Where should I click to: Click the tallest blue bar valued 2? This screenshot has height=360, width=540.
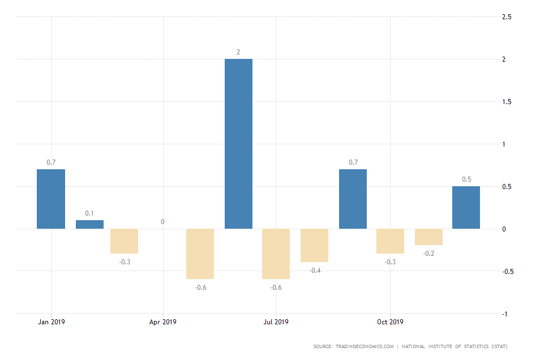pos(238,144)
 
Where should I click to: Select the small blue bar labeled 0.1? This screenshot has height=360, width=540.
pos(89,225)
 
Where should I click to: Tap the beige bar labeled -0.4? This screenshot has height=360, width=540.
pos(314,245)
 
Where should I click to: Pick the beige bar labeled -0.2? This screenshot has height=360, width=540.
pos(428,237)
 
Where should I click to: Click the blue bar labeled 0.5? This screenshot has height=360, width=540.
pos(466,208)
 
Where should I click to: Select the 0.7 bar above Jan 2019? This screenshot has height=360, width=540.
pos(51,199)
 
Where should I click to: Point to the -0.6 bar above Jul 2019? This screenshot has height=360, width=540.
pos(276,254)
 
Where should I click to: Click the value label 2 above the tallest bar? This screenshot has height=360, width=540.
pos(238,52)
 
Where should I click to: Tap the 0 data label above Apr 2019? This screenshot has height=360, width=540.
pos(162,222)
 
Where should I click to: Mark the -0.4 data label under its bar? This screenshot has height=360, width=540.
pos(314,270)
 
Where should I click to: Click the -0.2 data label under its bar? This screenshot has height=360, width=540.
pos(428,253)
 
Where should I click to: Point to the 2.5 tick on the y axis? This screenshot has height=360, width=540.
pos(507,17)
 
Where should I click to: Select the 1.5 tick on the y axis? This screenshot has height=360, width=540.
pos(507,102)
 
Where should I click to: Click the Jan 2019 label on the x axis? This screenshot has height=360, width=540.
pos(51,322)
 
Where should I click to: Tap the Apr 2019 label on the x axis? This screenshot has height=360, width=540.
pos(163,322)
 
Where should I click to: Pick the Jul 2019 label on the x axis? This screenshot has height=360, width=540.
pos(276,322)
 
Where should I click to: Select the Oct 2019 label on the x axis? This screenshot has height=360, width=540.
pos(390,322)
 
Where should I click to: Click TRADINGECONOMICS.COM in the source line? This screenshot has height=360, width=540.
pos(364,346)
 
